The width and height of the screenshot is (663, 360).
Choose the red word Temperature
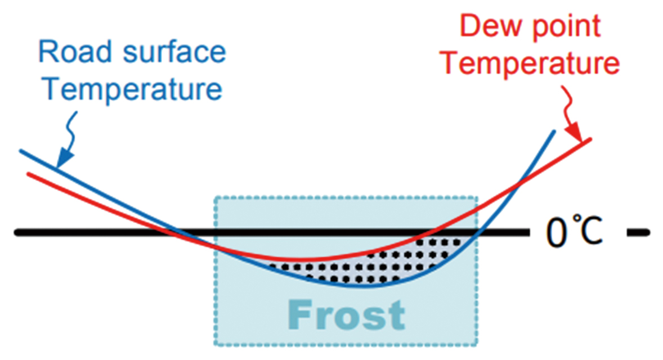click(530, 64)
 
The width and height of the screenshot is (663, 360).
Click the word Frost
click(346, 314)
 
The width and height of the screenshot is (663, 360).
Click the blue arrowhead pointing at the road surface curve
click(64, 158)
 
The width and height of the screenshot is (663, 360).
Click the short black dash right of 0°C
click(638, 232)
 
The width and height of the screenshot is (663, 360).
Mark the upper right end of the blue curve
click(554, 132)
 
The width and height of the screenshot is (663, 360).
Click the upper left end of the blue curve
click(20, 151)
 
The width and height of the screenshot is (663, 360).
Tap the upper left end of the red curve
click(28, 173)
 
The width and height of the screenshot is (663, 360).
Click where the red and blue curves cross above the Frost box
click(519, 183)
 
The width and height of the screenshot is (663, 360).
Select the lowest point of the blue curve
click(360, 286)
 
